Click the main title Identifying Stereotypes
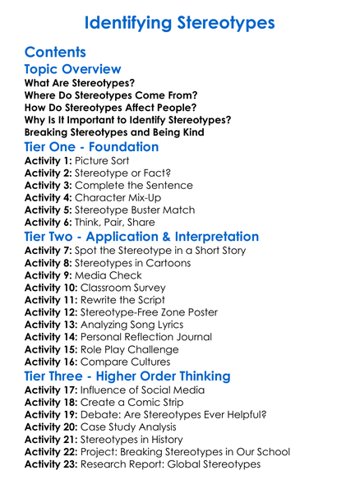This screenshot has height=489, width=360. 180,21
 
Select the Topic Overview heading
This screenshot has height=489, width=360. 72,70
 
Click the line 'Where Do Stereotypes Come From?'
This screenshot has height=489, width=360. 111,95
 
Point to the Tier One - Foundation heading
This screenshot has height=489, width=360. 91,147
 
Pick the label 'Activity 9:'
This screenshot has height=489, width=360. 49,275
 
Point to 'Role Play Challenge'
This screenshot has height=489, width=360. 134,349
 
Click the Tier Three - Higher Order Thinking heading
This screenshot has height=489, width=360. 127,376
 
